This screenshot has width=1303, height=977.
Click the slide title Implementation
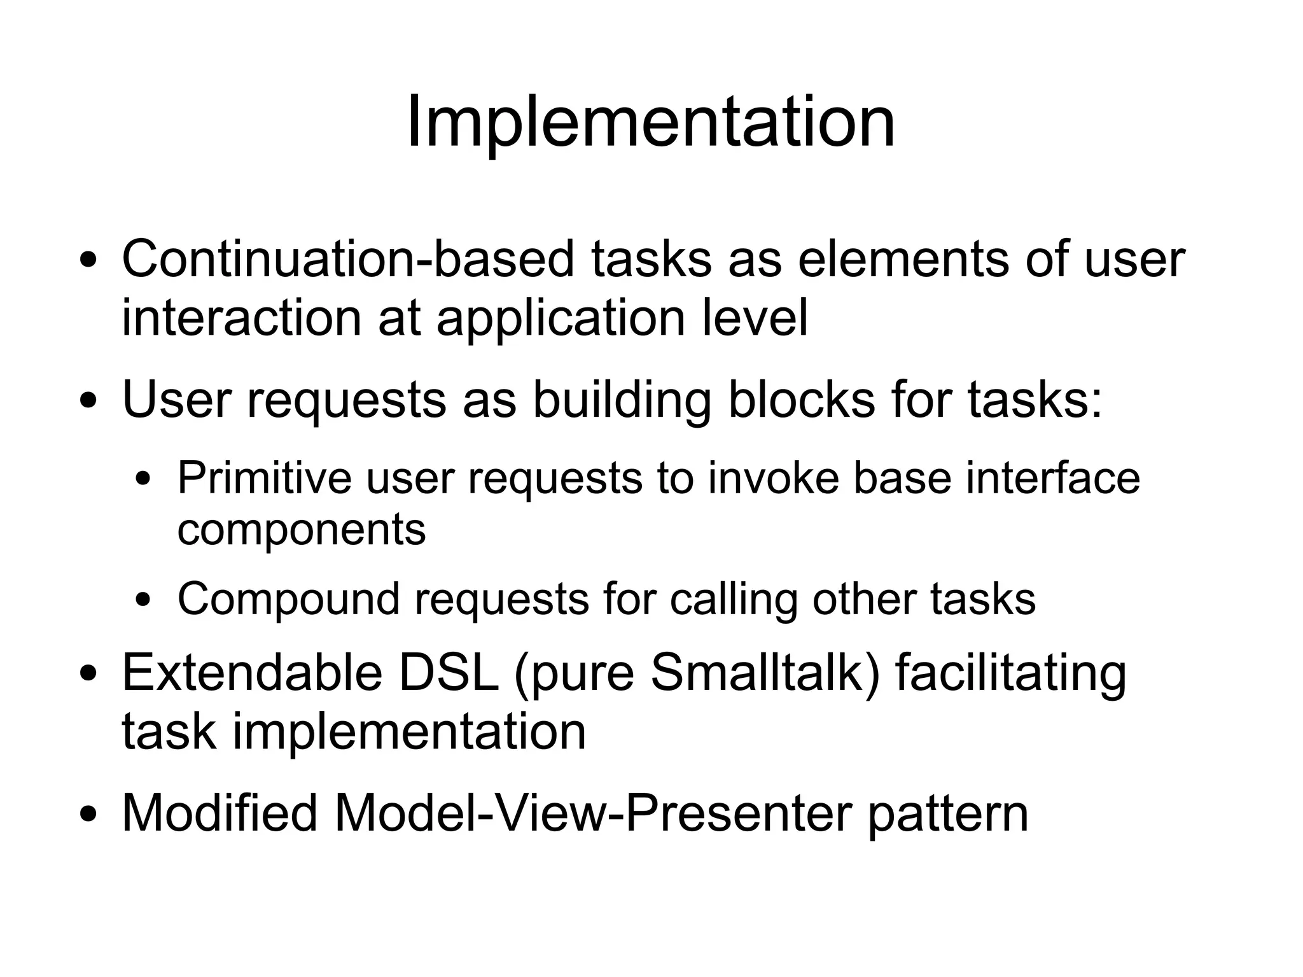[x=650, y=122]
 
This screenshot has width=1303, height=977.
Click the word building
[x=621, y=401]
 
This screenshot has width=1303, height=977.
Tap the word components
[x=301, y=530]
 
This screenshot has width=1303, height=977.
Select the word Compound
[x=288, y=600]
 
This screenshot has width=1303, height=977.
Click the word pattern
[x=947, y=814]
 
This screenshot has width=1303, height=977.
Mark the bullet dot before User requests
[x=89, y=402]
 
